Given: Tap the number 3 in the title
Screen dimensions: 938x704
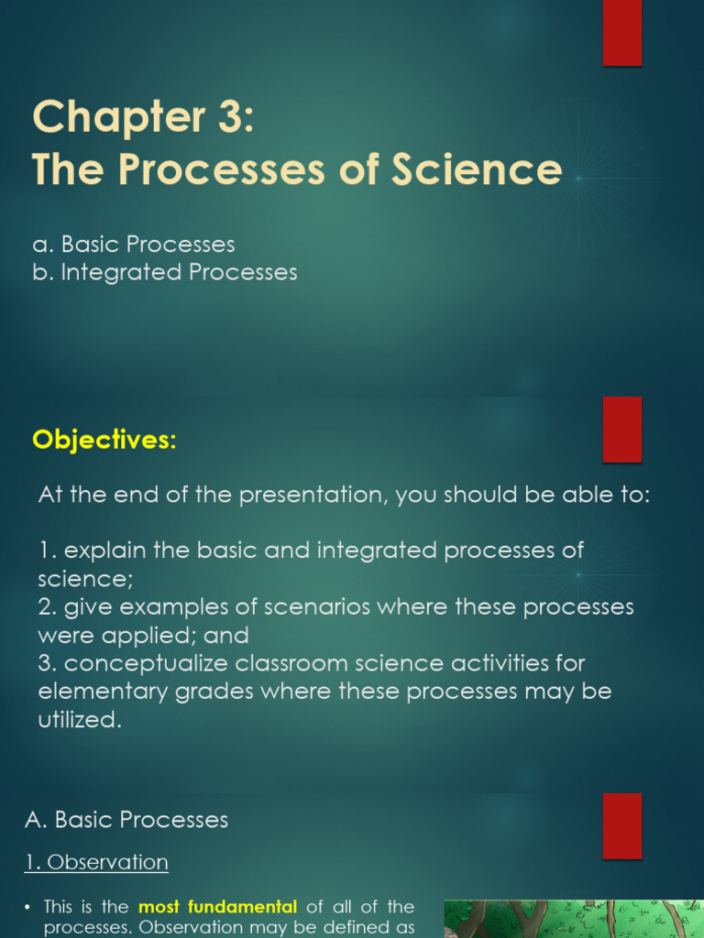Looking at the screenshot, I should coord(227,117).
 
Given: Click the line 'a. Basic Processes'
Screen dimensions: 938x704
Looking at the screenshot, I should coord(134,245).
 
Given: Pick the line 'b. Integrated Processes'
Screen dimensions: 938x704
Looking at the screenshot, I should coord(165,272).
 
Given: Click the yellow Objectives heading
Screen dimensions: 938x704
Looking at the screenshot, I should coord(104,440).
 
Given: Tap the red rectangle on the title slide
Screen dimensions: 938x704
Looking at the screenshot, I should coord(621,33).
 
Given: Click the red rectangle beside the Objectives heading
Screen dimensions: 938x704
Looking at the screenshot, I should coord(621,430).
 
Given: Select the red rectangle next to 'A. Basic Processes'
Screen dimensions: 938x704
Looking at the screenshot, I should coord(621,825).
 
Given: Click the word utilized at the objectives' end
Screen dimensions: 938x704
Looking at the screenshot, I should coord(79,720).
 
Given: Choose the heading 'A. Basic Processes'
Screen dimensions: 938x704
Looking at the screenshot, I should coord(126,820).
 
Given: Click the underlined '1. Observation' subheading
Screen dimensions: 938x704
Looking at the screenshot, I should coord(96,862).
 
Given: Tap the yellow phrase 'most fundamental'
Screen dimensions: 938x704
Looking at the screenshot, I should coord(217,907).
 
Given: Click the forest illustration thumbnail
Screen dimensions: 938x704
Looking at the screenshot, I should coord(573,919).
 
